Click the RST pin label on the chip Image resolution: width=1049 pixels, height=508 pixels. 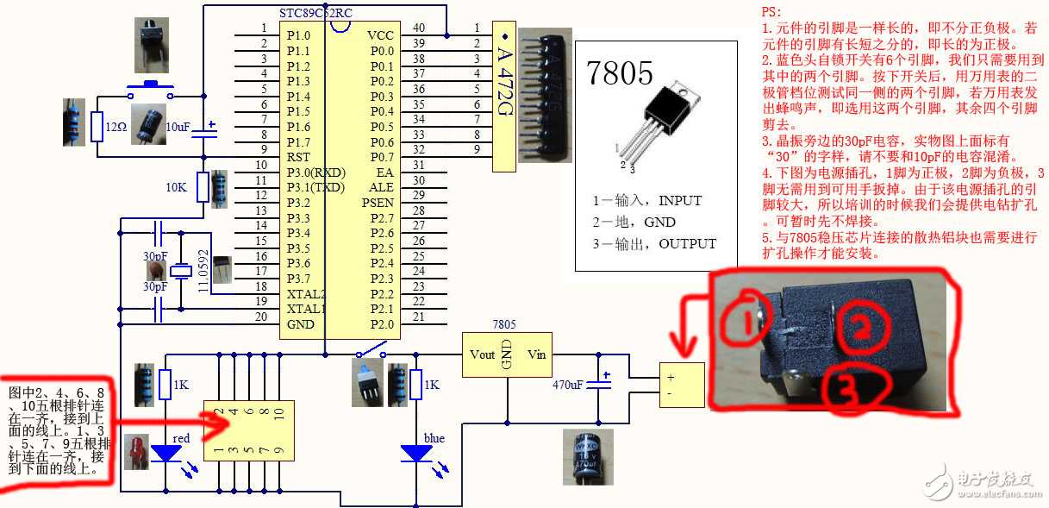[298, 157]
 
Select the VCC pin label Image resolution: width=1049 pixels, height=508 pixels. [380, 35]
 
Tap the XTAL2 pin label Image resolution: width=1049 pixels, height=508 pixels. [307, 294]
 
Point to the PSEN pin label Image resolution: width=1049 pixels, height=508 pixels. [378, 203]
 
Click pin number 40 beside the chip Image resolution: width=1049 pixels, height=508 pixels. [419, 28]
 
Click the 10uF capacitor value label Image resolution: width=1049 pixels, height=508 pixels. [178, 127]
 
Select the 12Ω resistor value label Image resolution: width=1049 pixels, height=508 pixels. [116, 127]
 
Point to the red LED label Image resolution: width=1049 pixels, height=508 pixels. [181, 438]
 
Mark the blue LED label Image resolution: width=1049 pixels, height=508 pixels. [434, 438]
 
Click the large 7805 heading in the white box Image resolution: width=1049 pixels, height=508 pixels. [620, 73]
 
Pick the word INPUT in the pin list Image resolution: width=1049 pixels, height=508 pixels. [680, 200]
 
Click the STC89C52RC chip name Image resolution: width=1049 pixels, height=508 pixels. [316, 14]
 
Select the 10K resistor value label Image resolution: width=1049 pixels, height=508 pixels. [177, 185]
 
